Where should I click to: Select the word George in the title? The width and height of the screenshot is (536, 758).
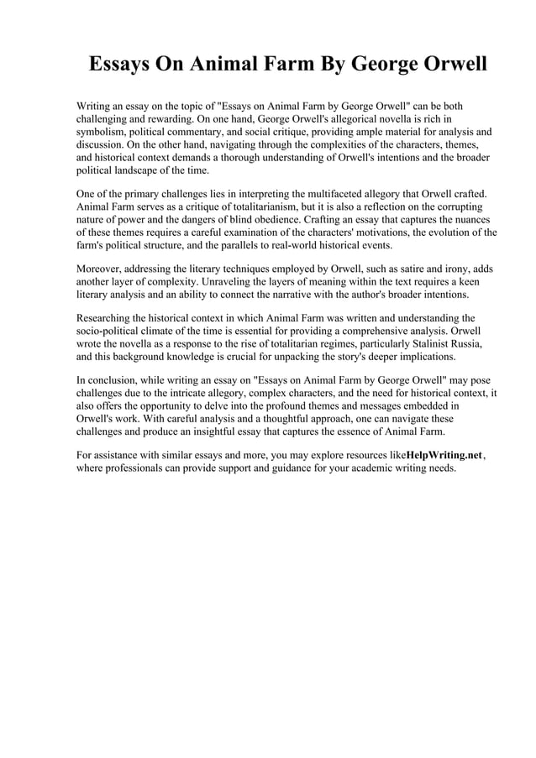click(x=367, y=64)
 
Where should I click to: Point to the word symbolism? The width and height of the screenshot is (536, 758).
click(x=102, y=132)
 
